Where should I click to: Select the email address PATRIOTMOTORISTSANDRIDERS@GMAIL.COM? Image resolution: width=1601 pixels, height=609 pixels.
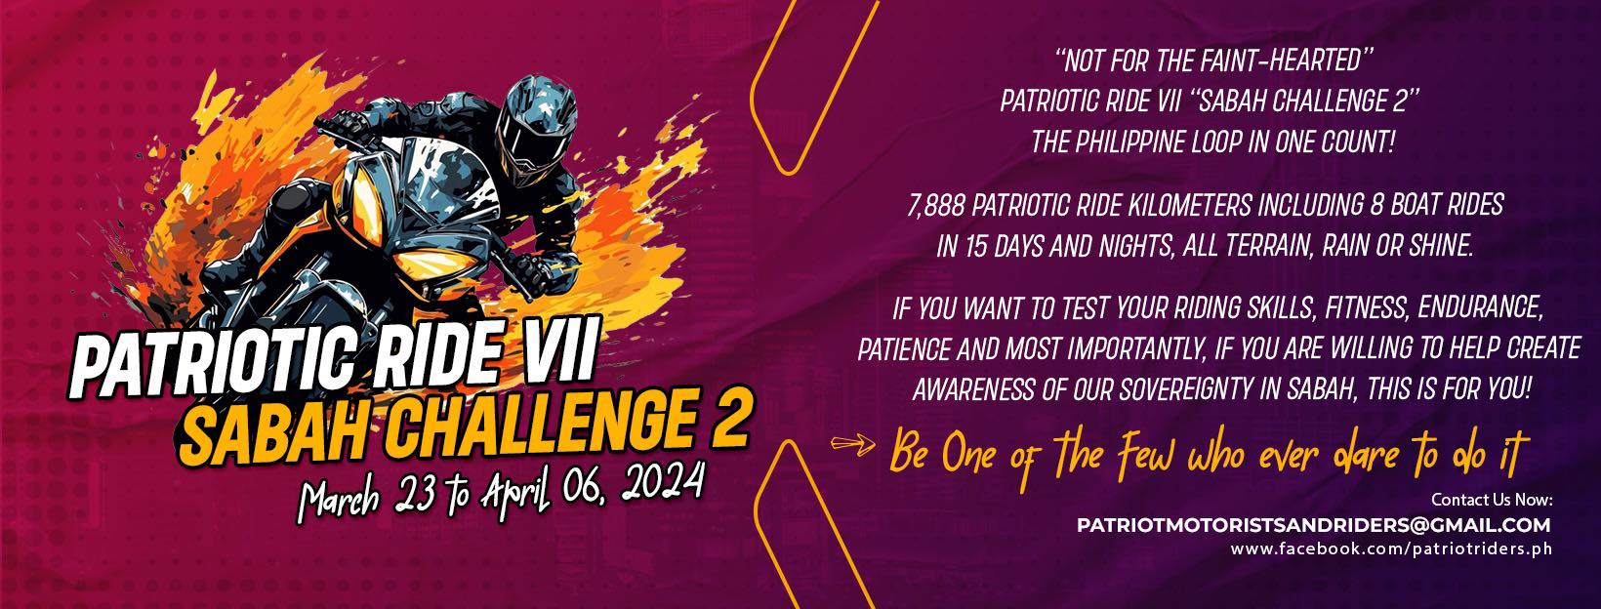[1314, 525]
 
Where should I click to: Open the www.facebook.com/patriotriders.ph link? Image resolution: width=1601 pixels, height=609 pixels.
[1391, 548]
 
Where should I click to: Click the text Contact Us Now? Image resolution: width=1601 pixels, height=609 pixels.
[1492, 500]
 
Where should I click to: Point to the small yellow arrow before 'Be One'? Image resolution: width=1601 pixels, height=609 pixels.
[852, 445]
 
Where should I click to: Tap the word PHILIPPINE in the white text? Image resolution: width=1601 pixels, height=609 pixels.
[1129, 142]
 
